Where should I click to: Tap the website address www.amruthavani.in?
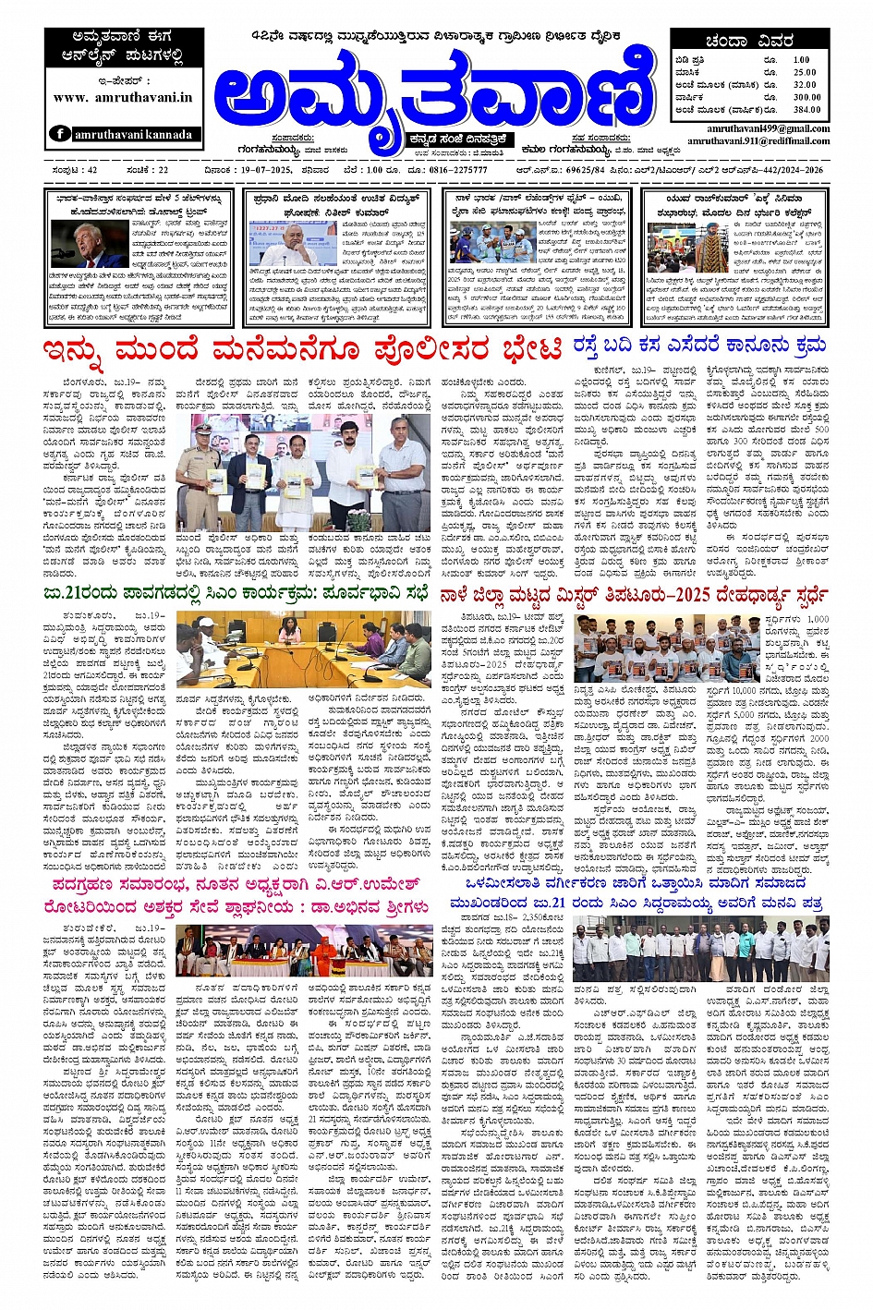(x=123, y=97)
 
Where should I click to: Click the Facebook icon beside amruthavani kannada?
(x=61, y=134)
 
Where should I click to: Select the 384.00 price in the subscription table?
(x=806, y=109)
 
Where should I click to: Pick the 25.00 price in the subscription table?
(x=805, y=72)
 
